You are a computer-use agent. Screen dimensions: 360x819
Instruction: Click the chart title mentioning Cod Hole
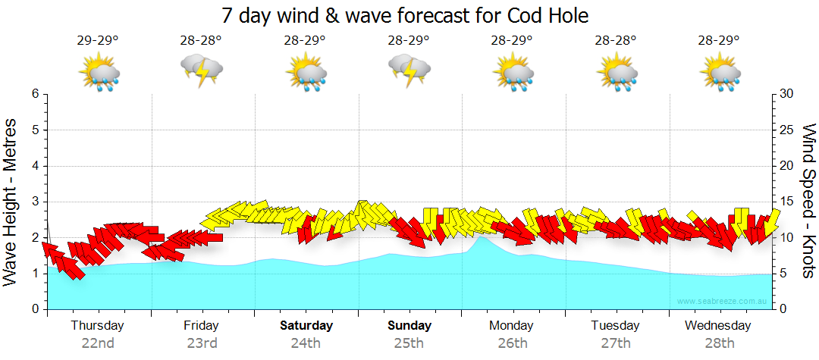point(405,15)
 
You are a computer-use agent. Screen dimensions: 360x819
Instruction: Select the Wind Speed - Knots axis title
point(808,201)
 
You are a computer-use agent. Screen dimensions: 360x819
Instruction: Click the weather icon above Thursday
point(99,73)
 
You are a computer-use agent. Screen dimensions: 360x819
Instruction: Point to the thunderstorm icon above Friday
point(202,71)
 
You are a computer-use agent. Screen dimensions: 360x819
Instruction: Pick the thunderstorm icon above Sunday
point(409,71)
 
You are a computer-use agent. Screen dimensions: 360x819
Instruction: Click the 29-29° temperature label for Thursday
point(98,40)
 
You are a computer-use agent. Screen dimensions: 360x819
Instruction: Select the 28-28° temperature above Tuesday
point(615,40)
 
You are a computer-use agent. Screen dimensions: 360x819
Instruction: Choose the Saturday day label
point(306,326)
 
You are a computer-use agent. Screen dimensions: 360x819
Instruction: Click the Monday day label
point(511,326)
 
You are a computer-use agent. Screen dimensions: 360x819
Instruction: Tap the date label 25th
point(409,343)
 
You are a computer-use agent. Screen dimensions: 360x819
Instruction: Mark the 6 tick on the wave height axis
point(34,94)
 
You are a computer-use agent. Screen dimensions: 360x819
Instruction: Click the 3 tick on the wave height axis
point(34,202)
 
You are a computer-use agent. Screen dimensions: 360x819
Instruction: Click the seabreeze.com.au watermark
point(723,302)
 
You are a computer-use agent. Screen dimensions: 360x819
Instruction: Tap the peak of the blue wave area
point(481,238)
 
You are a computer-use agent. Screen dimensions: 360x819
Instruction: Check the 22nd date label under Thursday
point(98,343)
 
